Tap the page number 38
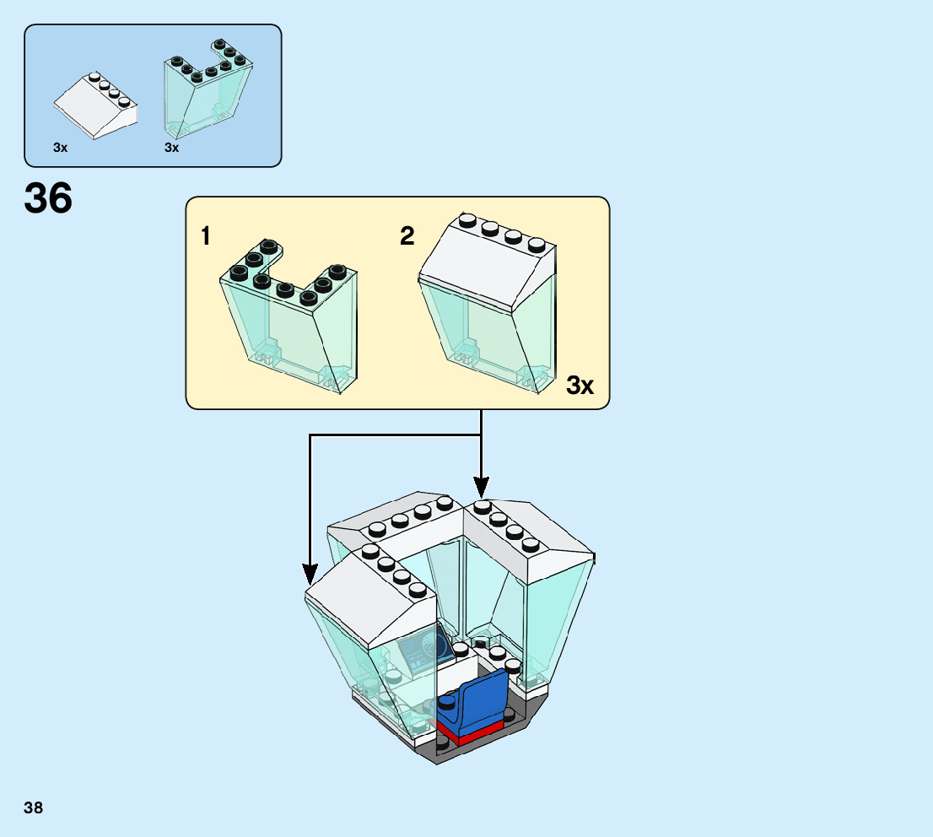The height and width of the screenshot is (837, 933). point(34,808)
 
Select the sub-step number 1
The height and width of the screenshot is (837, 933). point(206,237)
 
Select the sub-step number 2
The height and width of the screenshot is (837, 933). point(407,237)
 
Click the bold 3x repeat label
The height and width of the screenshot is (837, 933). point(580,386)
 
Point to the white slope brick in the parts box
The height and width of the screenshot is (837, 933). point(95,105)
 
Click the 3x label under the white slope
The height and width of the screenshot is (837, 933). point(60,148)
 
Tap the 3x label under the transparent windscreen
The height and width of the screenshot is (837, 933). point(172,148)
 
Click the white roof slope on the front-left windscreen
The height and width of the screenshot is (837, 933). point(371,603)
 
